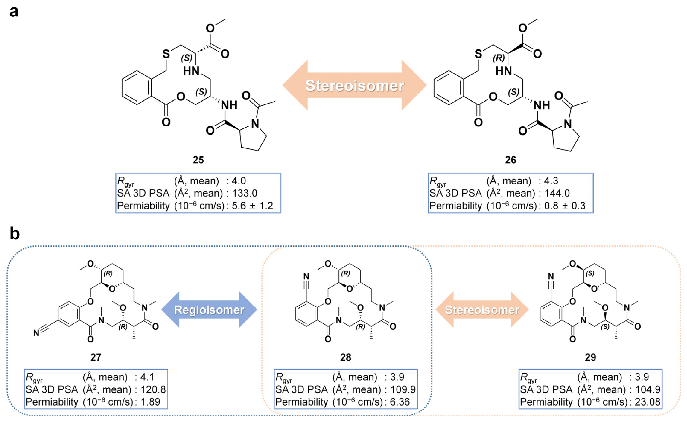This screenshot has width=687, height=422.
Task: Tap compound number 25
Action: [198, 160]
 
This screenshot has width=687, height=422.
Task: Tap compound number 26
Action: [511, 160]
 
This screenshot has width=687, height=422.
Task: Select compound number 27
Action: [96, 357]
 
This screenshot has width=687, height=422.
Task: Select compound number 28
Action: [346, 357]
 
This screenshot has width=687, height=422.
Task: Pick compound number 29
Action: [590, 357]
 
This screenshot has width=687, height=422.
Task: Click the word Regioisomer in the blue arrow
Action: [209, 310]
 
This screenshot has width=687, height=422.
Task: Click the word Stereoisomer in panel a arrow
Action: [355, 86]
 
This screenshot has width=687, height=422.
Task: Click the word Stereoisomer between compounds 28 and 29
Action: [482, 310]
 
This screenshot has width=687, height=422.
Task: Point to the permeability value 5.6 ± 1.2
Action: [252, 206]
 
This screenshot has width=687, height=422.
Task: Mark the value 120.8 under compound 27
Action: [153, 389]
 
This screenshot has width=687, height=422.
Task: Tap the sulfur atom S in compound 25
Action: [166, 54]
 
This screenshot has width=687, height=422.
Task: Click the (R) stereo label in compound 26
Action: [499, 58]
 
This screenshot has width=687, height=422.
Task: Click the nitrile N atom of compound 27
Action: [36, 333]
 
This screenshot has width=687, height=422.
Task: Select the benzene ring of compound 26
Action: [449, 88]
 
